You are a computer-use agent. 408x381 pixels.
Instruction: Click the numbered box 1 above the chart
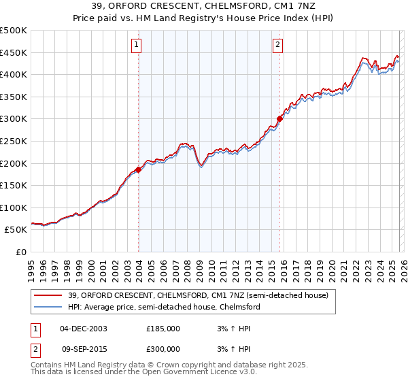[137, 46]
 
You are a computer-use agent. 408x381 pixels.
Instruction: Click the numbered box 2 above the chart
[278, 46]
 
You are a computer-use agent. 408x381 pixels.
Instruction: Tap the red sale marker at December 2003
[138, 169]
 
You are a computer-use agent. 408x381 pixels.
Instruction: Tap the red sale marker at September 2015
[279, 118]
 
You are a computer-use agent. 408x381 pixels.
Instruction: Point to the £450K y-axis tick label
[14, 52]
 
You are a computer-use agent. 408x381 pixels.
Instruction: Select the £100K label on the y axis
[14, 208]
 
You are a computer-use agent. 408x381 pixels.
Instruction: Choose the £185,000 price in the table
[163, 328]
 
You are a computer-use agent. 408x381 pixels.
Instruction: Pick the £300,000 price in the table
[163, 349]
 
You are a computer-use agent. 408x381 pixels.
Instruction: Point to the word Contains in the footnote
[46, 365]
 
